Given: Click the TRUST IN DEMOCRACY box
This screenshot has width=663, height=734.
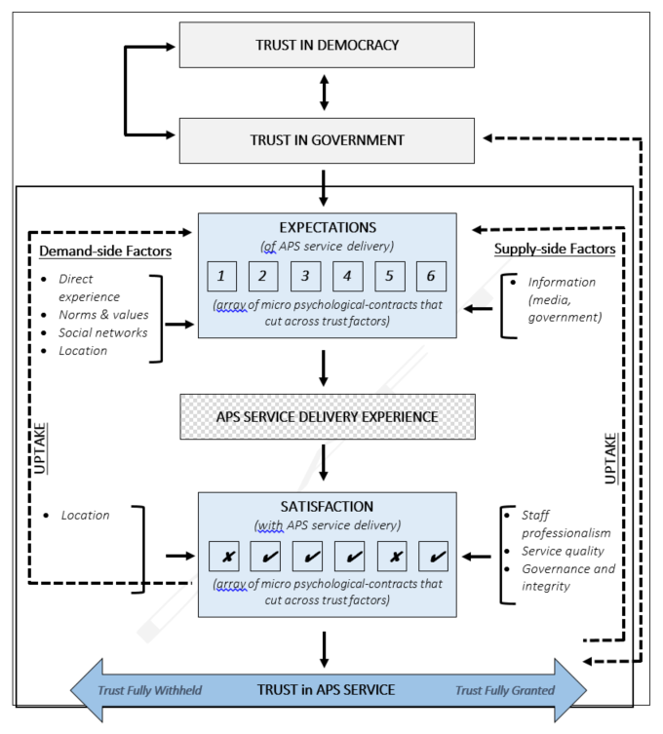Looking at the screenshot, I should click(327, 45).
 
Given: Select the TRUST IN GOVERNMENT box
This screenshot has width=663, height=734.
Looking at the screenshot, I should click(327, 140).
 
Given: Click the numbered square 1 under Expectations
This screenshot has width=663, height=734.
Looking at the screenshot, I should click(221, 277).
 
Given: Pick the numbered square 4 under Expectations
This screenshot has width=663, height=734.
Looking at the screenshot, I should click(347, 277).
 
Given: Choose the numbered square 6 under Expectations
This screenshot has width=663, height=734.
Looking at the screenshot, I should click(431, 277).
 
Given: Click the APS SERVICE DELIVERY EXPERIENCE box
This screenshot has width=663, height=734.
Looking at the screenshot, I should click(327, 416).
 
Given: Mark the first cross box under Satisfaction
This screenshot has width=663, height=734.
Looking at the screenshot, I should click(223, 557).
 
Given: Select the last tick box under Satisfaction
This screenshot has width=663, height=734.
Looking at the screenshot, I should click(432, 557).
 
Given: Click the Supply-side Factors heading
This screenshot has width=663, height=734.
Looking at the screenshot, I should click(555, 249).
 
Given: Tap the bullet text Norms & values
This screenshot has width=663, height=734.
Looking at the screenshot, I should click(103, 315).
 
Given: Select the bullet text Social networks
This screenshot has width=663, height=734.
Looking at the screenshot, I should click(103, 332).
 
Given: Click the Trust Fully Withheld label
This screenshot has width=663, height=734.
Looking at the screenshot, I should click(149, 690).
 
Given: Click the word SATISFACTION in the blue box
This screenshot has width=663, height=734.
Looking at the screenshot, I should click(327, 508).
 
